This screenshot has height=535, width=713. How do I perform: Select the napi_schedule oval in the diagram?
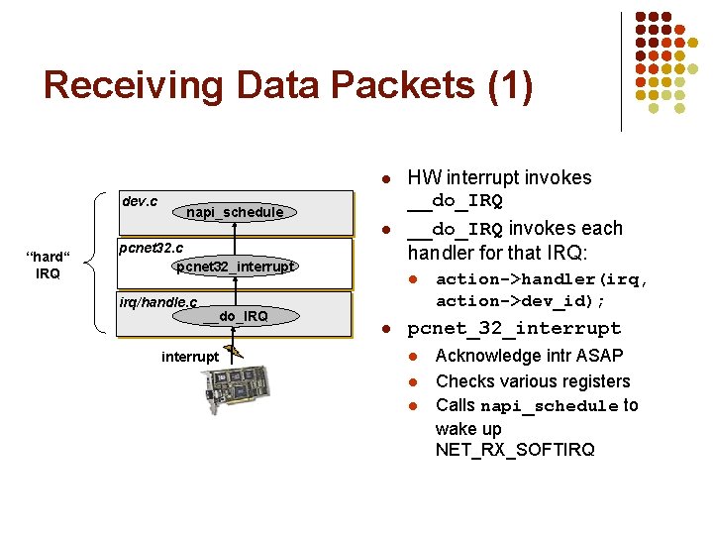(x=235, y=212)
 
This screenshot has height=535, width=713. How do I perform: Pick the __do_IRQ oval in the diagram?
(x=235, y=316)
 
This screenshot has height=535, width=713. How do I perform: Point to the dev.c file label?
(x=139, y=201)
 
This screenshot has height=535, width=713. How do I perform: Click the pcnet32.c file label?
(x=151, y=246)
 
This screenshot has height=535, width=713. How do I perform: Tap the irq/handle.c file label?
(x=157, y=301)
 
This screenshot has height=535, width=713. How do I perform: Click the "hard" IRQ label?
(x=48, y=266)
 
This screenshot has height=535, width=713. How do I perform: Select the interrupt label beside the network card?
(x=189, y=357)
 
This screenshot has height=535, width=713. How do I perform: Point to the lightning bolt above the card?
(x=235, y=348)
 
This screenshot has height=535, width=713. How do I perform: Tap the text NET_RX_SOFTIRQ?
(x=515, y=450)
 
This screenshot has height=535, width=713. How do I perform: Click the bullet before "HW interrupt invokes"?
(x=387, y=179)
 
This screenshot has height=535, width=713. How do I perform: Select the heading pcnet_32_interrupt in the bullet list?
(x=514, y=328)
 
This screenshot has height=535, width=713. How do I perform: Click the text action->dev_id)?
(x=520, y=300)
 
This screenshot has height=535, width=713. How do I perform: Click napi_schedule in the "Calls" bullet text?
(x=549, y=406)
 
